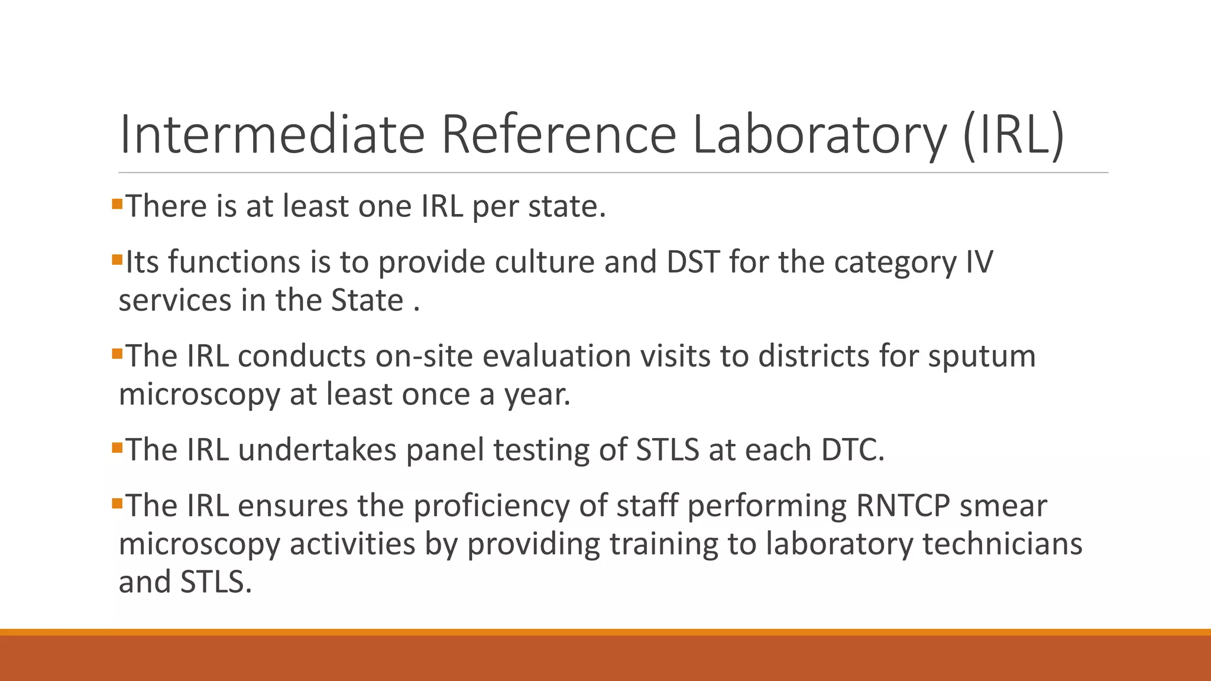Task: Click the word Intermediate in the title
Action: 271,135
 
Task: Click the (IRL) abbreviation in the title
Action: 1013,136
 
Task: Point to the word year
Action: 537,395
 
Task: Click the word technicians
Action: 1002,544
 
